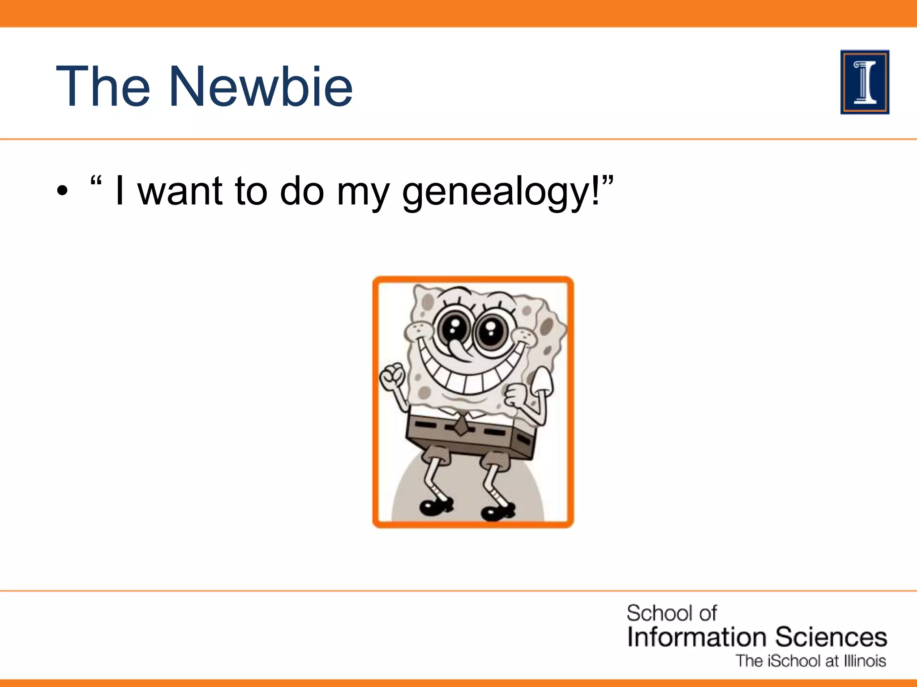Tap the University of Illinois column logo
[x=865, y=82]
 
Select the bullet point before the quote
[x=63, y=191]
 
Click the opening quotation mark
[x=96, y=182]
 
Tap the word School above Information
[x=659, y=613]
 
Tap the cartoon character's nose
[x=459, y=348]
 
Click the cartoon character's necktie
[x=460, y=425]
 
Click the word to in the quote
[x=251, y=191]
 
